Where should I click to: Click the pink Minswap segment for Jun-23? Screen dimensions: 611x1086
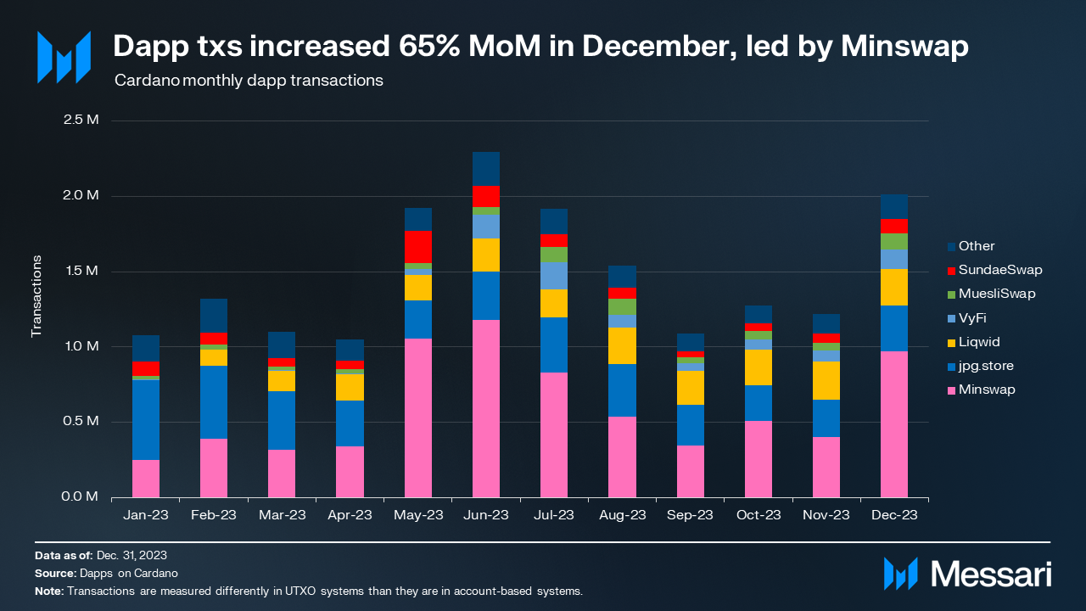486,408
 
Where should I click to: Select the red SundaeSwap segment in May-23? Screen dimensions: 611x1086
418,246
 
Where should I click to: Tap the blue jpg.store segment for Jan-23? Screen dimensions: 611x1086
146,420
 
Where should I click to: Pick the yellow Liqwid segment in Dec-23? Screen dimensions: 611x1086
894,287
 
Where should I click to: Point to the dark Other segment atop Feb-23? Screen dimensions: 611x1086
214,315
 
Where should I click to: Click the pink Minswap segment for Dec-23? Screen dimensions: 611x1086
894,424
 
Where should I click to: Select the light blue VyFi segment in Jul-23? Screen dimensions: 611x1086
554,276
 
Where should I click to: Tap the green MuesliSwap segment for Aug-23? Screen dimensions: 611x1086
623,306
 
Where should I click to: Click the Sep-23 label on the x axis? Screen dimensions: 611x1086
690,515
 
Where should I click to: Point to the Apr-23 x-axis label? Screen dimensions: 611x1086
350,515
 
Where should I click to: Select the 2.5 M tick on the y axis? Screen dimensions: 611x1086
81,120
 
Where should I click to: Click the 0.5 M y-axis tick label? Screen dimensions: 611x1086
81,422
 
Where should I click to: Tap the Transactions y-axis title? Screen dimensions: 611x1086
36,295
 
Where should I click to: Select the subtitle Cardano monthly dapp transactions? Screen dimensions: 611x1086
249,81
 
